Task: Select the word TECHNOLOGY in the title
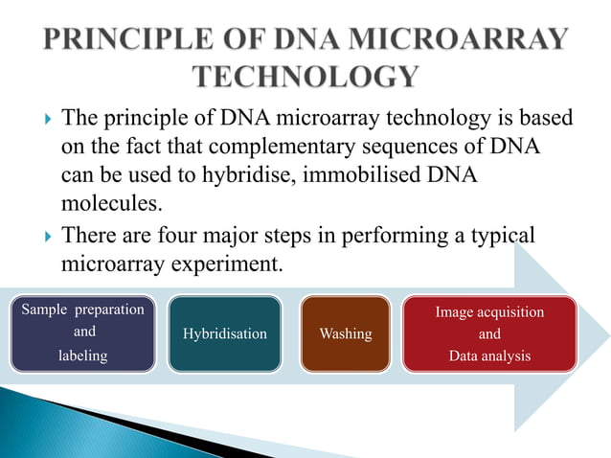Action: tap(305, 78)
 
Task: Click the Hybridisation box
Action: tap(224, 333)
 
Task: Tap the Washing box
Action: tap(346, 333)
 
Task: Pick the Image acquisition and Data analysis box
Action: tap(489, 333)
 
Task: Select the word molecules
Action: tap(105, 205)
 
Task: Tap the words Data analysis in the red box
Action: tap(488, 355)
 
